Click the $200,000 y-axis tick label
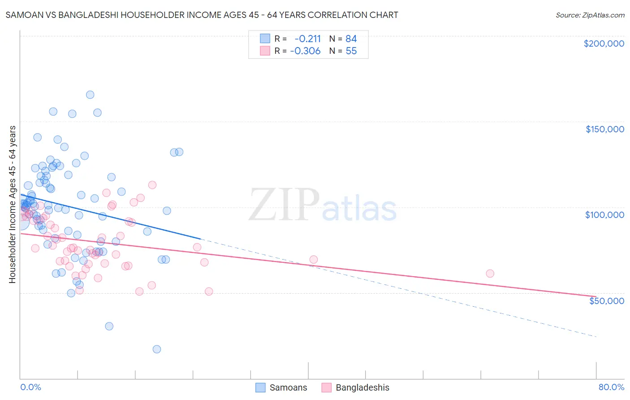(604, 43)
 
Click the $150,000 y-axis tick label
(604, 129)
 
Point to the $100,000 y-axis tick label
(604, 215)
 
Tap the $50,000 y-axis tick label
(606, 300)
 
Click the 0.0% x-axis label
(30, 387)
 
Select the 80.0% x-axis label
(611, 387)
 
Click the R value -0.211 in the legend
(307, 39)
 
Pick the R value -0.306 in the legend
(305, 51)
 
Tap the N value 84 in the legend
(351, 39)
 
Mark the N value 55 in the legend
(351, 51)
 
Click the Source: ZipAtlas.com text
(590, 15)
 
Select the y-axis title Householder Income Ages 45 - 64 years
(12, 204)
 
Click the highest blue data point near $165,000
(90, 95)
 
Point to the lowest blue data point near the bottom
(157, 349)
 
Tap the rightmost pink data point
(490, 274)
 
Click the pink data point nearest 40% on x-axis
(314, 260)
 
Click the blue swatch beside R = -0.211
(265, 39)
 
